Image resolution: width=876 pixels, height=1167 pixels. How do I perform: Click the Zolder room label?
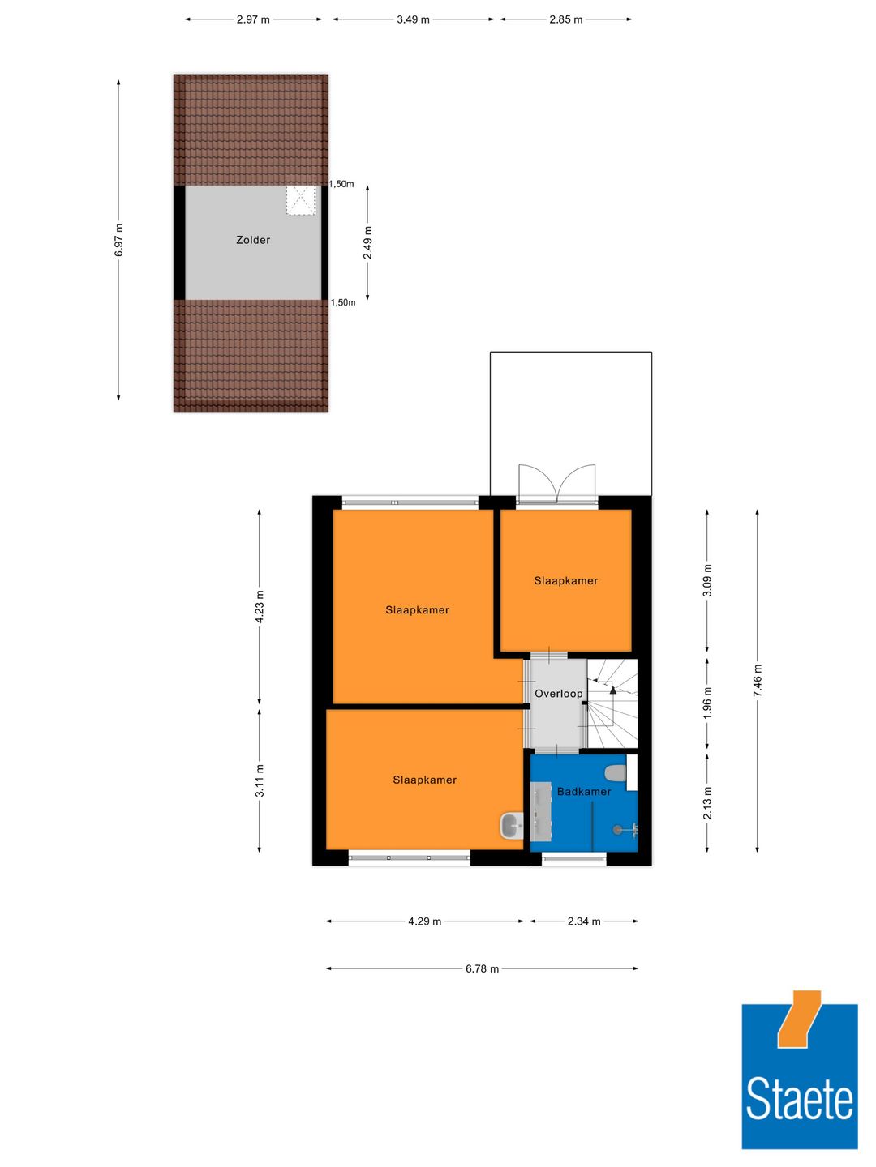[253, 240]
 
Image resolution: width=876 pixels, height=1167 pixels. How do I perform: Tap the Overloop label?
[558, 694]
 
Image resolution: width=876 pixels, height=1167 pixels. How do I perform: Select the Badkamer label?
[584, 792]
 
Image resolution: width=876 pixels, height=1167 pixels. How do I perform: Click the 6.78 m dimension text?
[482, 968]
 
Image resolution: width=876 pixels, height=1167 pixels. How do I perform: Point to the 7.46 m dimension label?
[758, 681]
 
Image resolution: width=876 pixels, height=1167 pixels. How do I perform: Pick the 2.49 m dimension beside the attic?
[367, 243]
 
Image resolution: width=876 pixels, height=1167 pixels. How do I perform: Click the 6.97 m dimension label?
[119, 241]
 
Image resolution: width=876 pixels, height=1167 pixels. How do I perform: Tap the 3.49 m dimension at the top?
[413, 19]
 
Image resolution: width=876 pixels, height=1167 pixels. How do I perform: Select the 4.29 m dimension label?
[424, 921]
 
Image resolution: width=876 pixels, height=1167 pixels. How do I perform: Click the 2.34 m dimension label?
[584, 921]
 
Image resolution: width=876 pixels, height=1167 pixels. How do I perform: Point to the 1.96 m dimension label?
[707, 703]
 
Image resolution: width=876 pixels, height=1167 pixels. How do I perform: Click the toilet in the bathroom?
[616, 772]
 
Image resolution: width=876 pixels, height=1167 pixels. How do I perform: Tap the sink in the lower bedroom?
[511, 826]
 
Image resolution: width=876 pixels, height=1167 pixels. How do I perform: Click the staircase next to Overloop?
[612, 703]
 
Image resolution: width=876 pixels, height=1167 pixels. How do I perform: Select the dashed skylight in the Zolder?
[301, 200]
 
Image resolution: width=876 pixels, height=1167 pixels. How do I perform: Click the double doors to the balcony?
[557, 485]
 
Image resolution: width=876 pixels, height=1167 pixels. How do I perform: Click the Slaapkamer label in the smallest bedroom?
[565, 581]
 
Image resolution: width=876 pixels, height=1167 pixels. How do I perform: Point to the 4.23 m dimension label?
[260, 607]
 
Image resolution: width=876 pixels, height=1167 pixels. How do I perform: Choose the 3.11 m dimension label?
[260, 780]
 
